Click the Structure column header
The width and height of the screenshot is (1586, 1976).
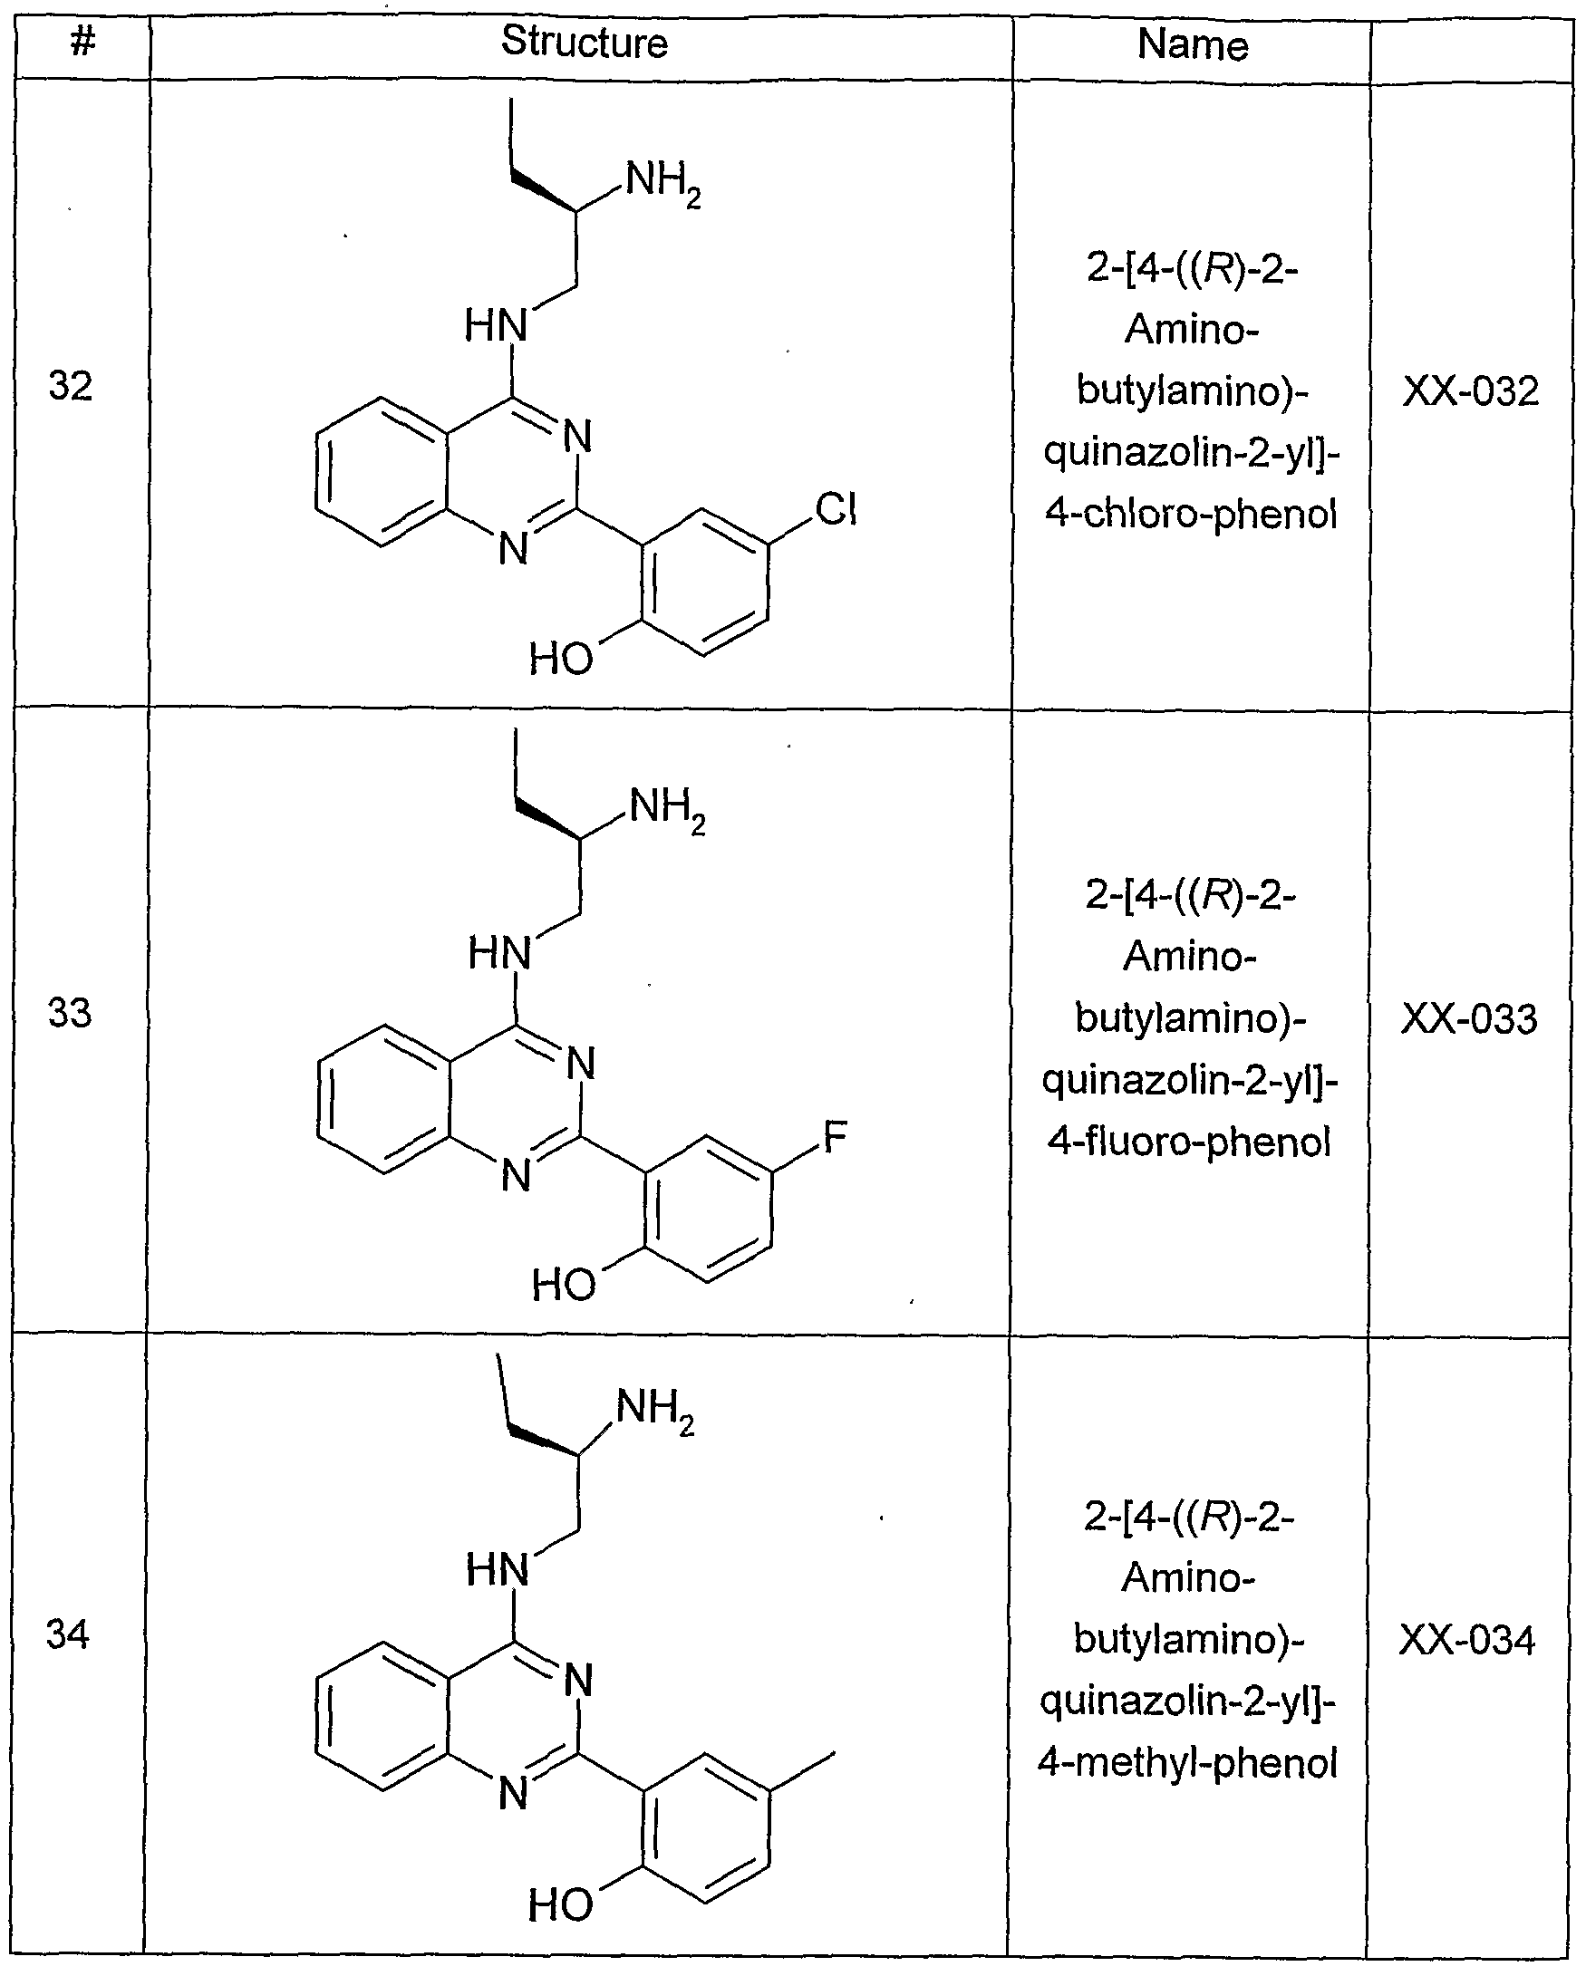pos(584,43)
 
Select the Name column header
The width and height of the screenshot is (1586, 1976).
pos(1193,44)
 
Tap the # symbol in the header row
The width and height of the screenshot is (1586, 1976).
pos(83,41)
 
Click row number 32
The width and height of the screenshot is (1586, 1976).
pos(71,386)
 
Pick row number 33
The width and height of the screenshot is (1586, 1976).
pos(71,1013)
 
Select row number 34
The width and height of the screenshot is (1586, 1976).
pos(69,1635)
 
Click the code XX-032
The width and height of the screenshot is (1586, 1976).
pos(1471,391)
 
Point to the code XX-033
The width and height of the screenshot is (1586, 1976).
pos(1469,1019)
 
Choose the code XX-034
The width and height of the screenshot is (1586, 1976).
pos(1466,1641)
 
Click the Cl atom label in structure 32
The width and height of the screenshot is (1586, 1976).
pos(837,508)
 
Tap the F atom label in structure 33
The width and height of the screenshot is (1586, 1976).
pos(836,1137)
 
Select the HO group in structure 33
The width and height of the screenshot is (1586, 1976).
pos(564,1285)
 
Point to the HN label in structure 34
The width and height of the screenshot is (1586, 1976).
pos(498,1571)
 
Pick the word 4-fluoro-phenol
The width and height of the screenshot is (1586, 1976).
pos(1190,1142)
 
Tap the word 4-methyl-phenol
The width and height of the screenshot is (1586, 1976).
pos(1188,1762)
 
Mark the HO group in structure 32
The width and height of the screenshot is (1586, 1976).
pos(561,658)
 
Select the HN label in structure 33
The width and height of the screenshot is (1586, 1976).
pos(499,953)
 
